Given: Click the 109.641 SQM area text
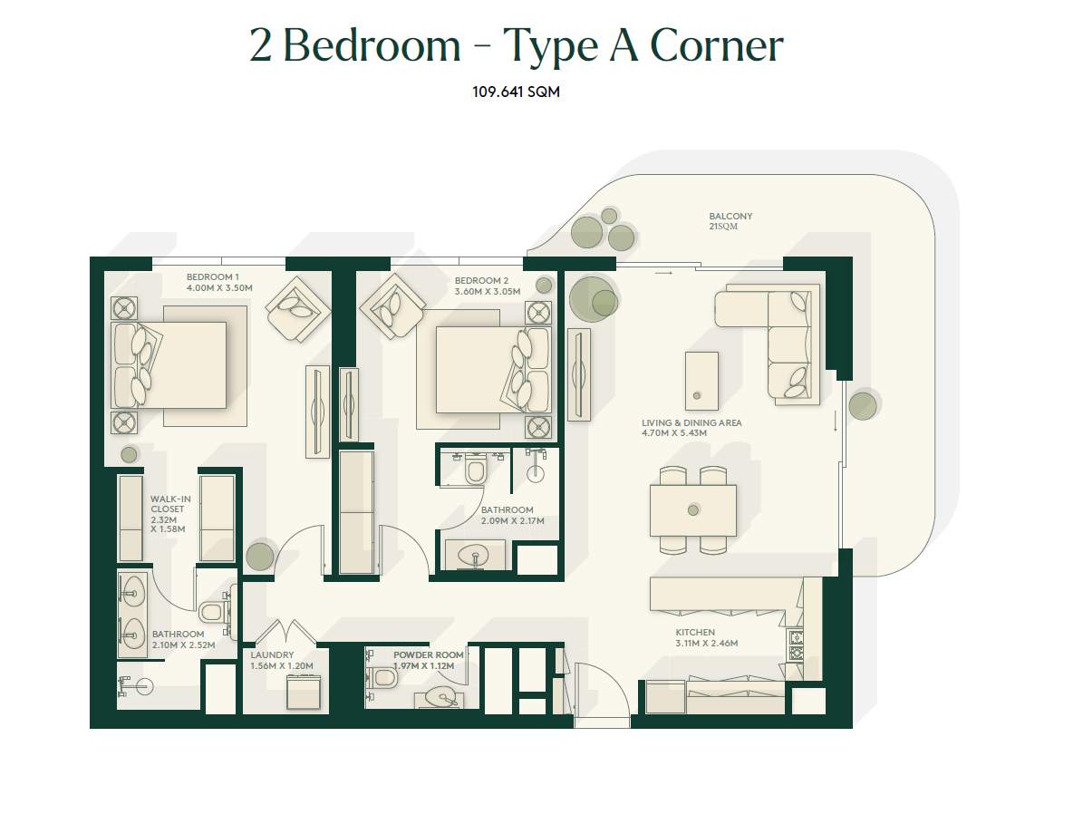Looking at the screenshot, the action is pos(516,92).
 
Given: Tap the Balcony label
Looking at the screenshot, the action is pos(730,216).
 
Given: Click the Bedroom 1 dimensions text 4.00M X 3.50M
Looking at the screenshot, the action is pos(219,288).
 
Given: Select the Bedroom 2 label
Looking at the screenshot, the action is pos(481,280).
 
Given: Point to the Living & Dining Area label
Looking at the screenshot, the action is pos(691,422).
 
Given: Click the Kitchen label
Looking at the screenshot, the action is pos(695,632).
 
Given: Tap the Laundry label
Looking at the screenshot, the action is pos(272,654).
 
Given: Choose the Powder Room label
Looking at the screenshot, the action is pos(429,654).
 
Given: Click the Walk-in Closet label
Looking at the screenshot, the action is pos(170,503).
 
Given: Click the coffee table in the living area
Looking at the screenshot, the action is pos(701,381).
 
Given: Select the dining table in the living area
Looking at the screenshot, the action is pos(692,510).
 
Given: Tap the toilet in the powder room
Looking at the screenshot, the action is pos(382,677).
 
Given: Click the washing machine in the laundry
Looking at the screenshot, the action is pos(304,692).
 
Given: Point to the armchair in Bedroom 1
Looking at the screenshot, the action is pos(297,309).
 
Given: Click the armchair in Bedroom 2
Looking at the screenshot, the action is pos(392,306).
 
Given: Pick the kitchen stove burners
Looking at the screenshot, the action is pos(796,645).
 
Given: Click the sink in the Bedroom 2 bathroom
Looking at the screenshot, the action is pos(475,556).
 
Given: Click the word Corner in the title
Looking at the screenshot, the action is pos(717,45).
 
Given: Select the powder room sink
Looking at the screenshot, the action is pos(440,698).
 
